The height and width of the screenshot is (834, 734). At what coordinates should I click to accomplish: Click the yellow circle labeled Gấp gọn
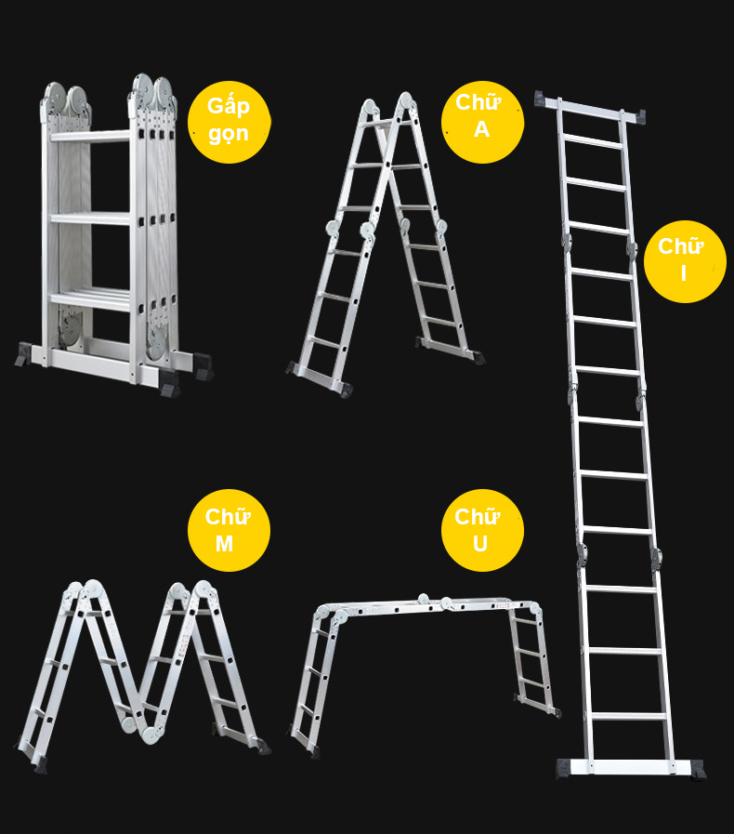pos(229,122)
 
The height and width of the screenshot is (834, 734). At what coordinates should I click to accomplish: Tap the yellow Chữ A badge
pos(482,122)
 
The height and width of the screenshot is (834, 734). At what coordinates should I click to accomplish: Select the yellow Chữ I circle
pos(685,261)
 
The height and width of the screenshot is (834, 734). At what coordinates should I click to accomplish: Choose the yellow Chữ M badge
pos(229,530)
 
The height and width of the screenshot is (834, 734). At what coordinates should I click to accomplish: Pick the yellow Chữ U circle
pos(482,530)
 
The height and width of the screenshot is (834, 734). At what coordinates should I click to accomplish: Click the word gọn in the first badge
pos(229,135)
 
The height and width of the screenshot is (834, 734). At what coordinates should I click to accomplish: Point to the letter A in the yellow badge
pos(481,129)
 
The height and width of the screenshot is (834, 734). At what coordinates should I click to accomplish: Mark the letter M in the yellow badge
pos(224,544)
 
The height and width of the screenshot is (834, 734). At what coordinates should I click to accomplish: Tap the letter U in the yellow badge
pos(480,544)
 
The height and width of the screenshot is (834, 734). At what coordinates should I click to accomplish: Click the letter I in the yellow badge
pos(684,273)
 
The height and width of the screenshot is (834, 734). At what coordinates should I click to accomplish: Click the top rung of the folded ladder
pos(90,136)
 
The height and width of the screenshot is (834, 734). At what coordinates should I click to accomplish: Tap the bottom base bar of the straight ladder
pos(631,768)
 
